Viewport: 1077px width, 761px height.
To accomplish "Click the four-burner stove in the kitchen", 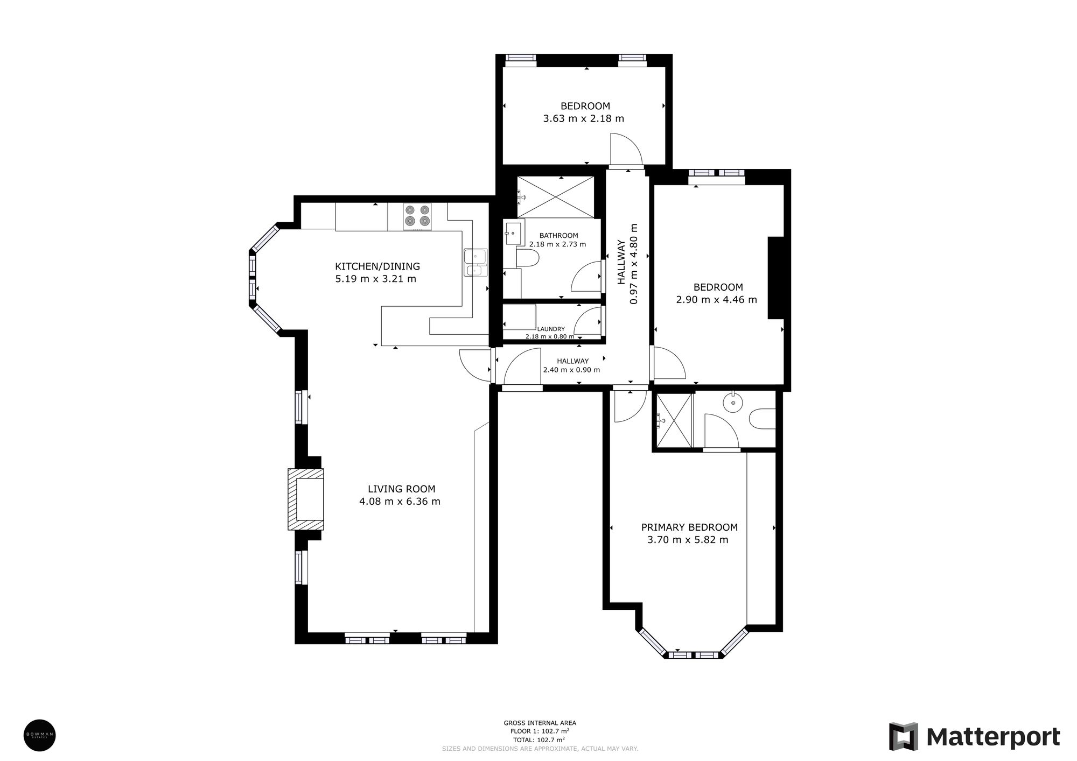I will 418,215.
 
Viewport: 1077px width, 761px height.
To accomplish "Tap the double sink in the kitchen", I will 475,263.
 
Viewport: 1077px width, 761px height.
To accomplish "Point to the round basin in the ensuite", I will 733,402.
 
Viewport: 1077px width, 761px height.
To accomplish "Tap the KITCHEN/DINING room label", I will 377,266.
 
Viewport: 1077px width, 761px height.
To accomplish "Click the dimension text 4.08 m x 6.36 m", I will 400,502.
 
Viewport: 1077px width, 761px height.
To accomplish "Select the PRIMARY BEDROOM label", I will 689,527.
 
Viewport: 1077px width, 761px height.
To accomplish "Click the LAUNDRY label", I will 550,329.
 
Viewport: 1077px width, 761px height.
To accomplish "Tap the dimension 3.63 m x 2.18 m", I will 584,118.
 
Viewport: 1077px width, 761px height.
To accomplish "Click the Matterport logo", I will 974,737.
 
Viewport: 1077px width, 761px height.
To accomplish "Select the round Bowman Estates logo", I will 40,735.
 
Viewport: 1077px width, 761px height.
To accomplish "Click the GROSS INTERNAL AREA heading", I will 540,723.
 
